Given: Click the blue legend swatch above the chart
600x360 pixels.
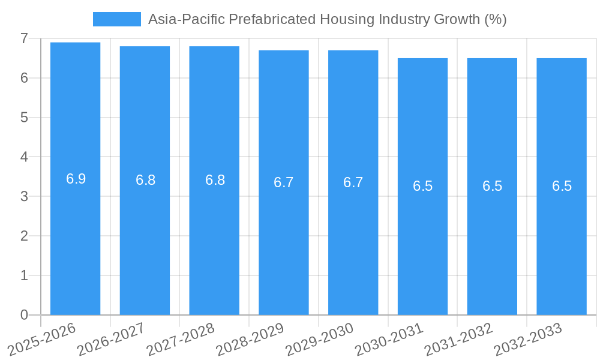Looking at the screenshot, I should click(116, 19).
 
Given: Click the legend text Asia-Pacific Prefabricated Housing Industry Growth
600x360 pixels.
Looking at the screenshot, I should click(327, 19).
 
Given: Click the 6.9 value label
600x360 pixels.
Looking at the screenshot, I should click(76, 179).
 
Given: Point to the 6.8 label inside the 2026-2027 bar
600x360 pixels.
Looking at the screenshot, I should click(145, 180).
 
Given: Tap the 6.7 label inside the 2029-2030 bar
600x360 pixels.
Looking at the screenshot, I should click(353, 182).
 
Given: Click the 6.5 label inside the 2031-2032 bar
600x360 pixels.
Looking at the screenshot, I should click(492, 186).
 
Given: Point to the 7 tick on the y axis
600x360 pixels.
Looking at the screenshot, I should click(24, 38).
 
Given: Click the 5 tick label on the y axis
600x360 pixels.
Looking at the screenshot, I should click(24, 118).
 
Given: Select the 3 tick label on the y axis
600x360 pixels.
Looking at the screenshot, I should click(24, 196).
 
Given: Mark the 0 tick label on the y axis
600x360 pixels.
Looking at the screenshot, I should click(24, 315).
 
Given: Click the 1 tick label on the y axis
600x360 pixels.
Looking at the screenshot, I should click(24, 275).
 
